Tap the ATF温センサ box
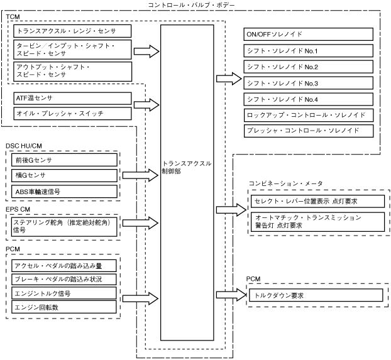point(72,98)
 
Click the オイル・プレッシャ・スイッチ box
point(72,114)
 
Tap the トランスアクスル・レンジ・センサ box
point(72,30)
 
